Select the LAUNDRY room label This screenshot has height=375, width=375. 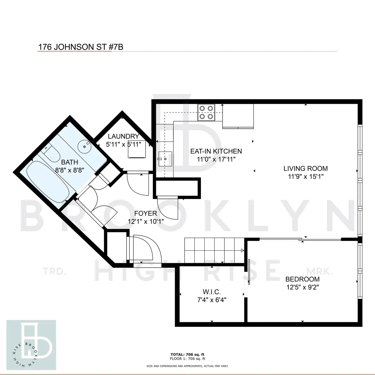[x=123, y=136]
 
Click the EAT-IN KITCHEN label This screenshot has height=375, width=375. [x=216, y=151]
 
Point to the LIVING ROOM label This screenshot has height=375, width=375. [x=305, y=169]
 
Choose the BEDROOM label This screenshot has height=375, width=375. [x=302, y=279]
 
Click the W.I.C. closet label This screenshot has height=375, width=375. [x=212, y=292]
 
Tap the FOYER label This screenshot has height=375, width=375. [x=145, y=214]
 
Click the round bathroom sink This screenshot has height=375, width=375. [x=85, y=145]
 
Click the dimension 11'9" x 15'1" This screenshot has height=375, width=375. [x=305, y=176]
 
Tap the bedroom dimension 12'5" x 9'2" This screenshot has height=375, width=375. [x=302, y=287]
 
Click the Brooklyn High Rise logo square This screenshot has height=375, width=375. [x=32, y=344]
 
